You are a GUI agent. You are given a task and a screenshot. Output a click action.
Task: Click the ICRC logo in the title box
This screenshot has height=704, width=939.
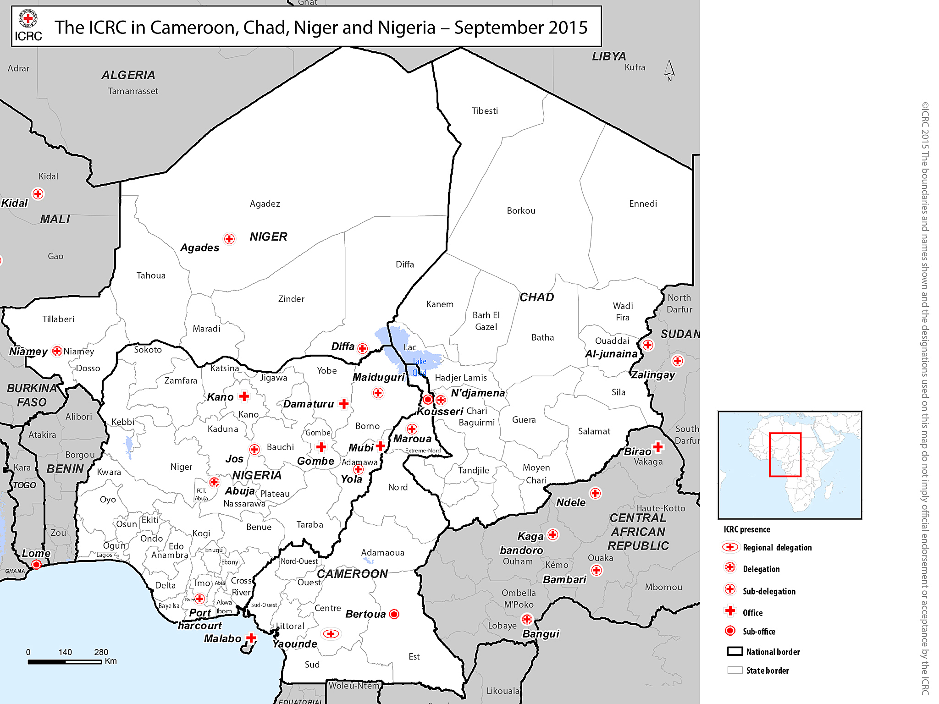point(28,26)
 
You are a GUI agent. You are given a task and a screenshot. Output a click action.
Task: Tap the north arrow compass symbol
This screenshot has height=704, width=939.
point(669,70)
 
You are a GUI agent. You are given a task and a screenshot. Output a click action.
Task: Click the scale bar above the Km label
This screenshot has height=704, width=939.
point(64,662)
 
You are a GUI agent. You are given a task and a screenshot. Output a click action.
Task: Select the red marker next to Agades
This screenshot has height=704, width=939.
point(229,239)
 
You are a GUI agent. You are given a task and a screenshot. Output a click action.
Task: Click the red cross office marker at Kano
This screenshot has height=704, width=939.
point(244,396)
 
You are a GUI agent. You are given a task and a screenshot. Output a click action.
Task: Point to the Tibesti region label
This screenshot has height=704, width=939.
point(485,111)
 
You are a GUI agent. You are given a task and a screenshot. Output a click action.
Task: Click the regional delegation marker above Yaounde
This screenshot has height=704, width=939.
point(331,634)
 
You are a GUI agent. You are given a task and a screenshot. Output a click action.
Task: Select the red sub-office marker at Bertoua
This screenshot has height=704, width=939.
point(394,614)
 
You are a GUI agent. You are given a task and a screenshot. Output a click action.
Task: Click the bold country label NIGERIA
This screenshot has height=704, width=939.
point(257,475)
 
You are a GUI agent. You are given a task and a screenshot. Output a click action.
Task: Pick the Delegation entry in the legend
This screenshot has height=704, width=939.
point(761,569)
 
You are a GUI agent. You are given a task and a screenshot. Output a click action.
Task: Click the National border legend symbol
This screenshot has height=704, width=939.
point(735,651)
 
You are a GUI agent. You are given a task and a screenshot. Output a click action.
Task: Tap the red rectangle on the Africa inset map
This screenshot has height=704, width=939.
point(785,455)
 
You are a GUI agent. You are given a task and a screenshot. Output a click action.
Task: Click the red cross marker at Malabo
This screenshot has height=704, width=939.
point(251,638)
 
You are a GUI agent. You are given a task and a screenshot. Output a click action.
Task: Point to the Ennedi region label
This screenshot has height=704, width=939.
point(643,203)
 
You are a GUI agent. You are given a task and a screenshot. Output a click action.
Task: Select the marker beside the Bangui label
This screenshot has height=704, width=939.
point(527,620)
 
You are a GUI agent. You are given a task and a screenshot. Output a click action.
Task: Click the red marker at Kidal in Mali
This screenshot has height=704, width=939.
point(38,194)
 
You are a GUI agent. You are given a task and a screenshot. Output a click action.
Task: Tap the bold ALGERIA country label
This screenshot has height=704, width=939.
point(128,75)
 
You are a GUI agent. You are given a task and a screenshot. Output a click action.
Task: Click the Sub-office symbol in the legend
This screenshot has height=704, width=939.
point(730,631)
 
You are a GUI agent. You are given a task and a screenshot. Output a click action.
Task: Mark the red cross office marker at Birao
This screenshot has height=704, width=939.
point(658,446)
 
